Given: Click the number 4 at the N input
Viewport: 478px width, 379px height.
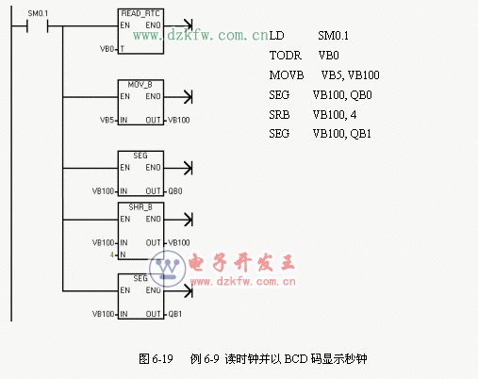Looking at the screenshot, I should click(x=111, y=255).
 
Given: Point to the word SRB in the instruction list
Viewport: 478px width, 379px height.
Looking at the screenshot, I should click(x=279, y=114).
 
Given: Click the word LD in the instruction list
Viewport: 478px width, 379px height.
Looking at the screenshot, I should click(x=275, y=36).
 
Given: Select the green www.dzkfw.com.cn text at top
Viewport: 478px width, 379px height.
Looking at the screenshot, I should click(x=201, y=36).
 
